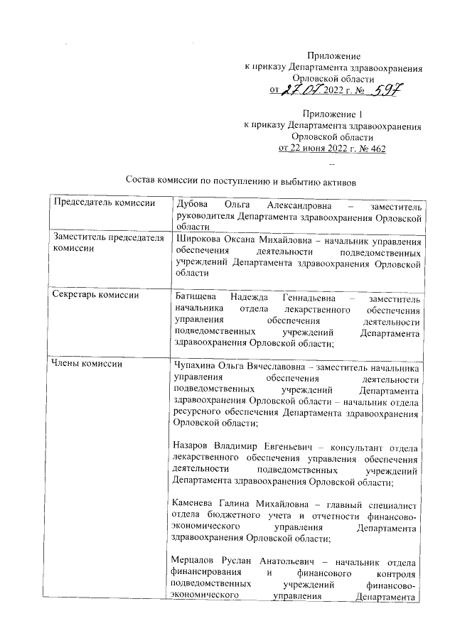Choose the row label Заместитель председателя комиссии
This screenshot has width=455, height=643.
coord(104,244)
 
